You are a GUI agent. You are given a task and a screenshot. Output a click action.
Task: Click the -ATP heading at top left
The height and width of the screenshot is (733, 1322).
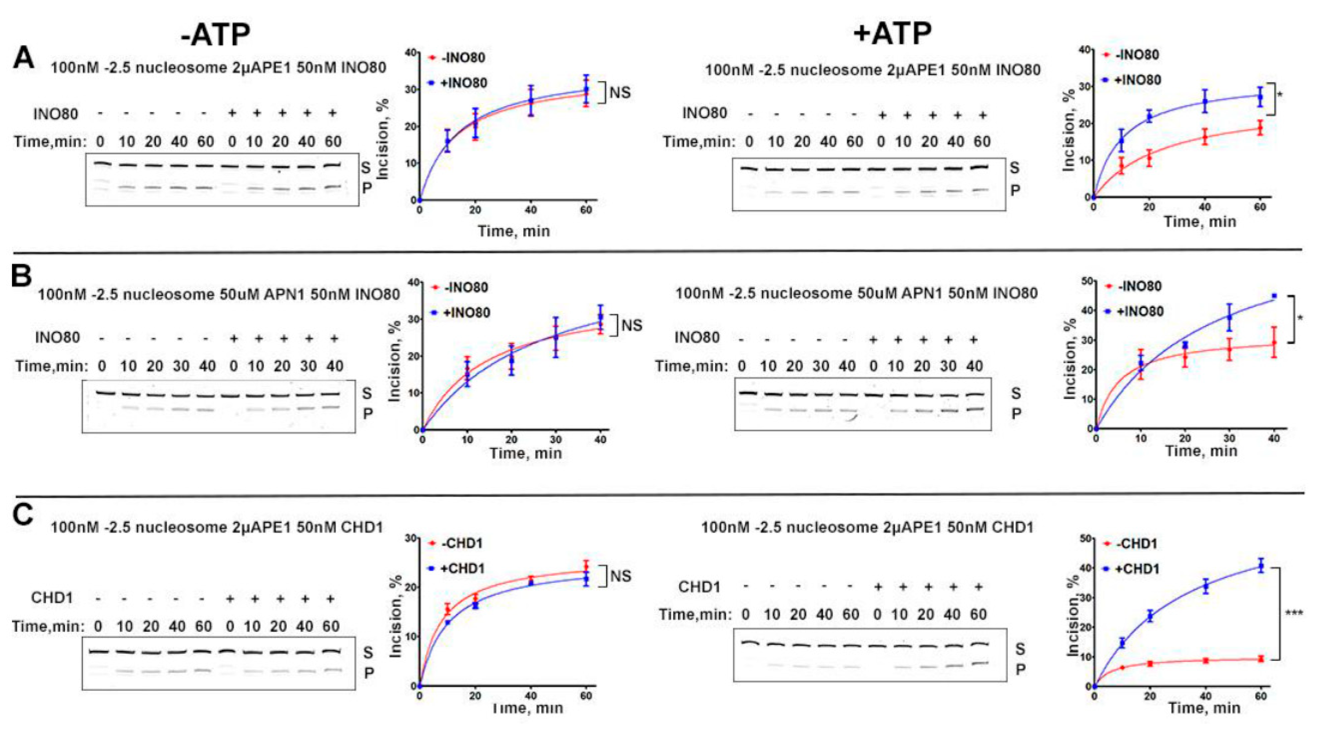coord(216,35)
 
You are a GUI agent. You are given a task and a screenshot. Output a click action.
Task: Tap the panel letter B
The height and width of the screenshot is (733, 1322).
coord(22,276)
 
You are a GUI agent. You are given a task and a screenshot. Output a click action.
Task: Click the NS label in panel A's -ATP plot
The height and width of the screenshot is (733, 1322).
coord(619,93)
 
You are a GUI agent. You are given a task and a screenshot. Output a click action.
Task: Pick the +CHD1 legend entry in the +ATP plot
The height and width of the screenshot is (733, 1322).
coord(1137,569)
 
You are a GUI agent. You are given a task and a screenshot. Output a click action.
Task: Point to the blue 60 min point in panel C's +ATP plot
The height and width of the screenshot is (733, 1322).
coord(1260,566)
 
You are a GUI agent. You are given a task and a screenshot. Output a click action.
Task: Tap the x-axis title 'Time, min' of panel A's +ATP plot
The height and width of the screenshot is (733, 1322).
coord(1200,222)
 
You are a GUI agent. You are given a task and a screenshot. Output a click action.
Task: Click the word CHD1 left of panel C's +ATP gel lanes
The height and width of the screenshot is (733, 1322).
coord(699,587)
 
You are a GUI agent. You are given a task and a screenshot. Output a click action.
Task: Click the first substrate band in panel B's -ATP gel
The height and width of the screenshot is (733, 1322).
coord(104,393)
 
